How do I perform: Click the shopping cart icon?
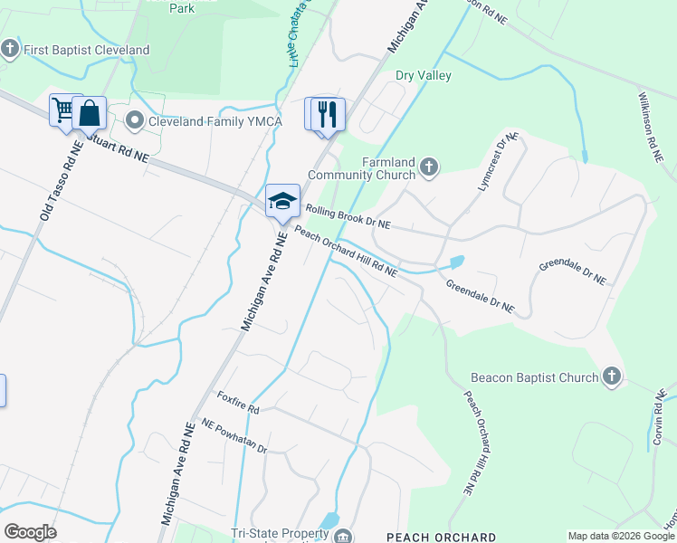pos(64,111)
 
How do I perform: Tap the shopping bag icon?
pos(89,113)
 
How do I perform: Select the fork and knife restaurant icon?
pos(328,114)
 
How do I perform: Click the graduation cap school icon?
pos(282,201)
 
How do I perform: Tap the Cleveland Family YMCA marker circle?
pos(135,121)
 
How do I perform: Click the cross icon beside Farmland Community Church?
pos(429,167)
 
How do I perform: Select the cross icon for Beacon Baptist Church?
pos(612,376)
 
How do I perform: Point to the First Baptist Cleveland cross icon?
pos(10,49)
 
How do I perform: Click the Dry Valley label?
pos(423,76)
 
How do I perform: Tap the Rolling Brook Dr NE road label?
pos(348,215)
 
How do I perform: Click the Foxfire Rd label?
pos(238,403)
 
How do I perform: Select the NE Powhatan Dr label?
pos(234,436)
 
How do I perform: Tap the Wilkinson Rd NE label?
pos(655,127)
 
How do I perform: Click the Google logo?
pos(30,532)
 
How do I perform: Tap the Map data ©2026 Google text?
pos(621,537)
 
